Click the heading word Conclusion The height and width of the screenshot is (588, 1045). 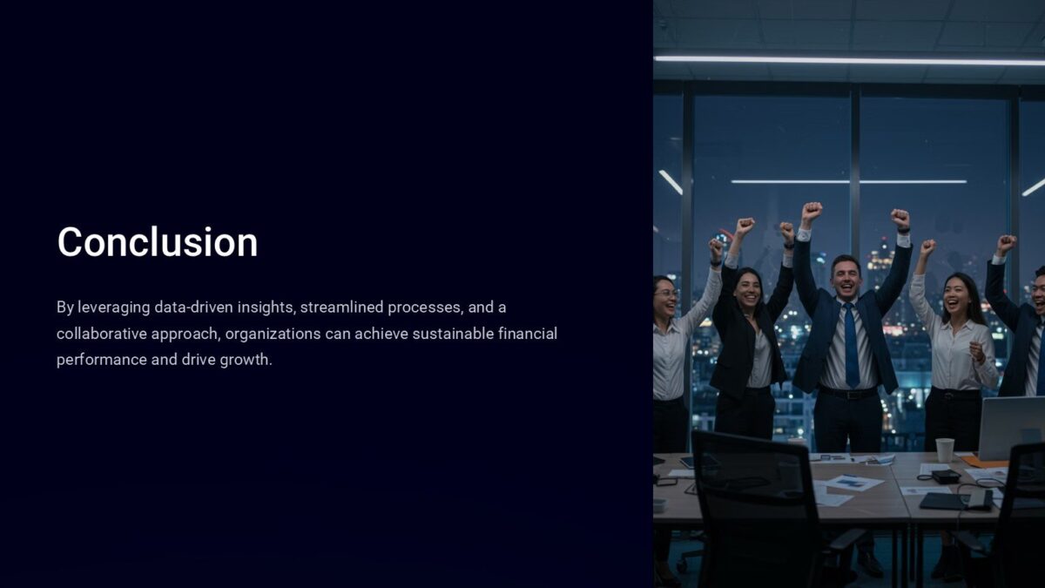tap(157, 242)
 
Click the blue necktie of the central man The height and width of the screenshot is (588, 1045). tap(851, 344)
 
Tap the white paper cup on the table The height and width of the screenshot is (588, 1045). tap(945, 449)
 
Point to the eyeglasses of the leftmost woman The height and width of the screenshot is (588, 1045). tap(666, 294)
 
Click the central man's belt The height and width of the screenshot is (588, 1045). tap(846, 393)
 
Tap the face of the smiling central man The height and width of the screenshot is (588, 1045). tap(844, 277)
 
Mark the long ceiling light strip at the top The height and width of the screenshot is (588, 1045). tap(849, 60)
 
